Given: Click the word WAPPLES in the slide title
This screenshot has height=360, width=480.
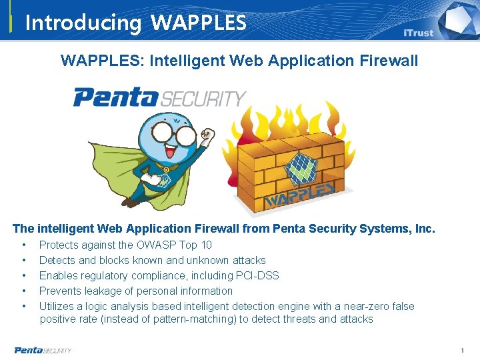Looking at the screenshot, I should click(199, 23).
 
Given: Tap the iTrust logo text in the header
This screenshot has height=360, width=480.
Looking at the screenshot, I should click(418, 33).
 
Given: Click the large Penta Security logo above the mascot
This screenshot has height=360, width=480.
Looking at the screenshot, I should click(159, 97).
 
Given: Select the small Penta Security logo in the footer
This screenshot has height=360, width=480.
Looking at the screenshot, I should click(43, 350).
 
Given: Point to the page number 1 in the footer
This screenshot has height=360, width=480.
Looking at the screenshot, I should click(461, 350).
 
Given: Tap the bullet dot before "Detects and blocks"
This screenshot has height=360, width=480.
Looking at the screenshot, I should click(24, 260).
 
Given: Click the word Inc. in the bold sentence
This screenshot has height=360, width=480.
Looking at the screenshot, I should click(425, 229).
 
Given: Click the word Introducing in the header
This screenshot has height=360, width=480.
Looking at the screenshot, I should click(83, 23).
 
